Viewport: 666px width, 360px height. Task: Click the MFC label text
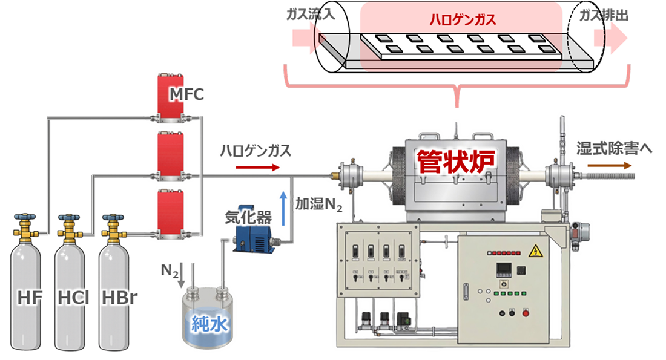187,94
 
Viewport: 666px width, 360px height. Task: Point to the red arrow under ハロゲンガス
258,167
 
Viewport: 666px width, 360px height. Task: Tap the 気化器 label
248,217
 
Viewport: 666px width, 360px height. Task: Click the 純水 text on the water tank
208,325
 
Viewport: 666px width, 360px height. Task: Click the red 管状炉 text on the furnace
456,162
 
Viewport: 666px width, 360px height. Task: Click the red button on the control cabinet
526,313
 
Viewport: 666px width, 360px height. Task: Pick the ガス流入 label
311,15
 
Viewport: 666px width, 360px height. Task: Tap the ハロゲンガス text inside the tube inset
463,20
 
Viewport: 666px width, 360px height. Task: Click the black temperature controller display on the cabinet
504,269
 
